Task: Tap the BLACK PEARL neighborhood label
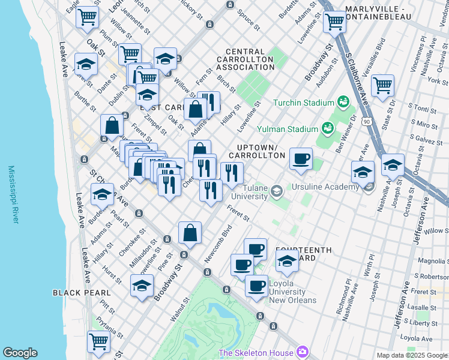point(81,293)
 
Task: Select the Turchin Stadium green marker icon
point(343,102)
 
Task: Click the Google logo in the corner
point(20,353)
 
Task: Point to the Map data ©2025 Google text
point(411,355)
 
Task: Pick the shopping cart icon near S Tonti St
point(382,86)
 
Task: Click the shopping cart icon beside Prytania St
point(99,342)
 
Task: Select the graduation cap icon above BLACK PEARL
point(142,287)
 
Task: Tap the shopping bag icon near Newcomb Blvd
point(190,234)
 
